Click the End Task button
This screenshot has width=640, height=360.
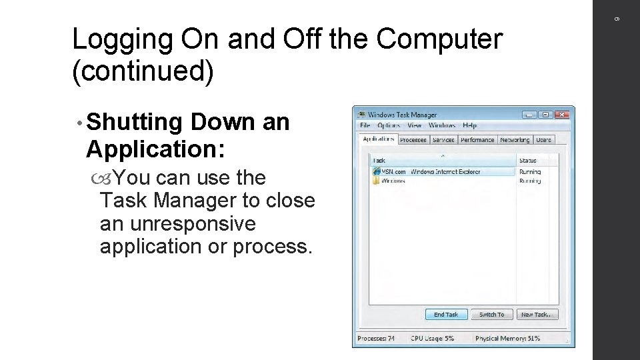(x=446, y=315)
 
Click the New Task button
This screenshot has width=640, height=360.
(x=535, y=315)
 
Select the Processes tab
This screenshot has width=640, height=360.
(x=413, y=140)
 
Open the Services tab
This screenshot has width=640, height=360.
(x=443, y=140)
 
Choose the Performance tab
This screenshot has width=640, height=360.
(x=477, y=140)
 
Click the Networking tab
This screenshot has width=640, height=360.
(x=515, y=140)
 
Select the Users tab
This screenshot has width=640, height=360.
(x=544, y=140)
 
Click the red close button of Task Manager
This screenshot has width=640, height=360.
(x=561, y=115)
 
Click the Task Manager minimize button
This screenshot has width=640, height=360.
(x=529, y=115)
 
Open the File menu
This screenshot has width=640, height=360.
(x=365, y=125)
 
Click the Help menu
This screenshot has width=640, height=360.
(x=469, y=125)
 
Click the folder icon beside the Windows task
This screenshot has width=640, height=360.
(x=377, y=180)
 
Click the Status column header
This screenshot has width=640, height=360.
(x=528, y=160)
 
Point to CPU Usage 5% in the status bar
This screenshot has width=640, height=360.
(x=432, y=339)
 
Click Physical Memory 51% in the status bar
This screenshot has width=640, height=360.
(x=507, y=339)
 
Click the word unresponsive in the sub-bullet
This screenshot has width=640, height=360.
(x=177, y=223)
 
